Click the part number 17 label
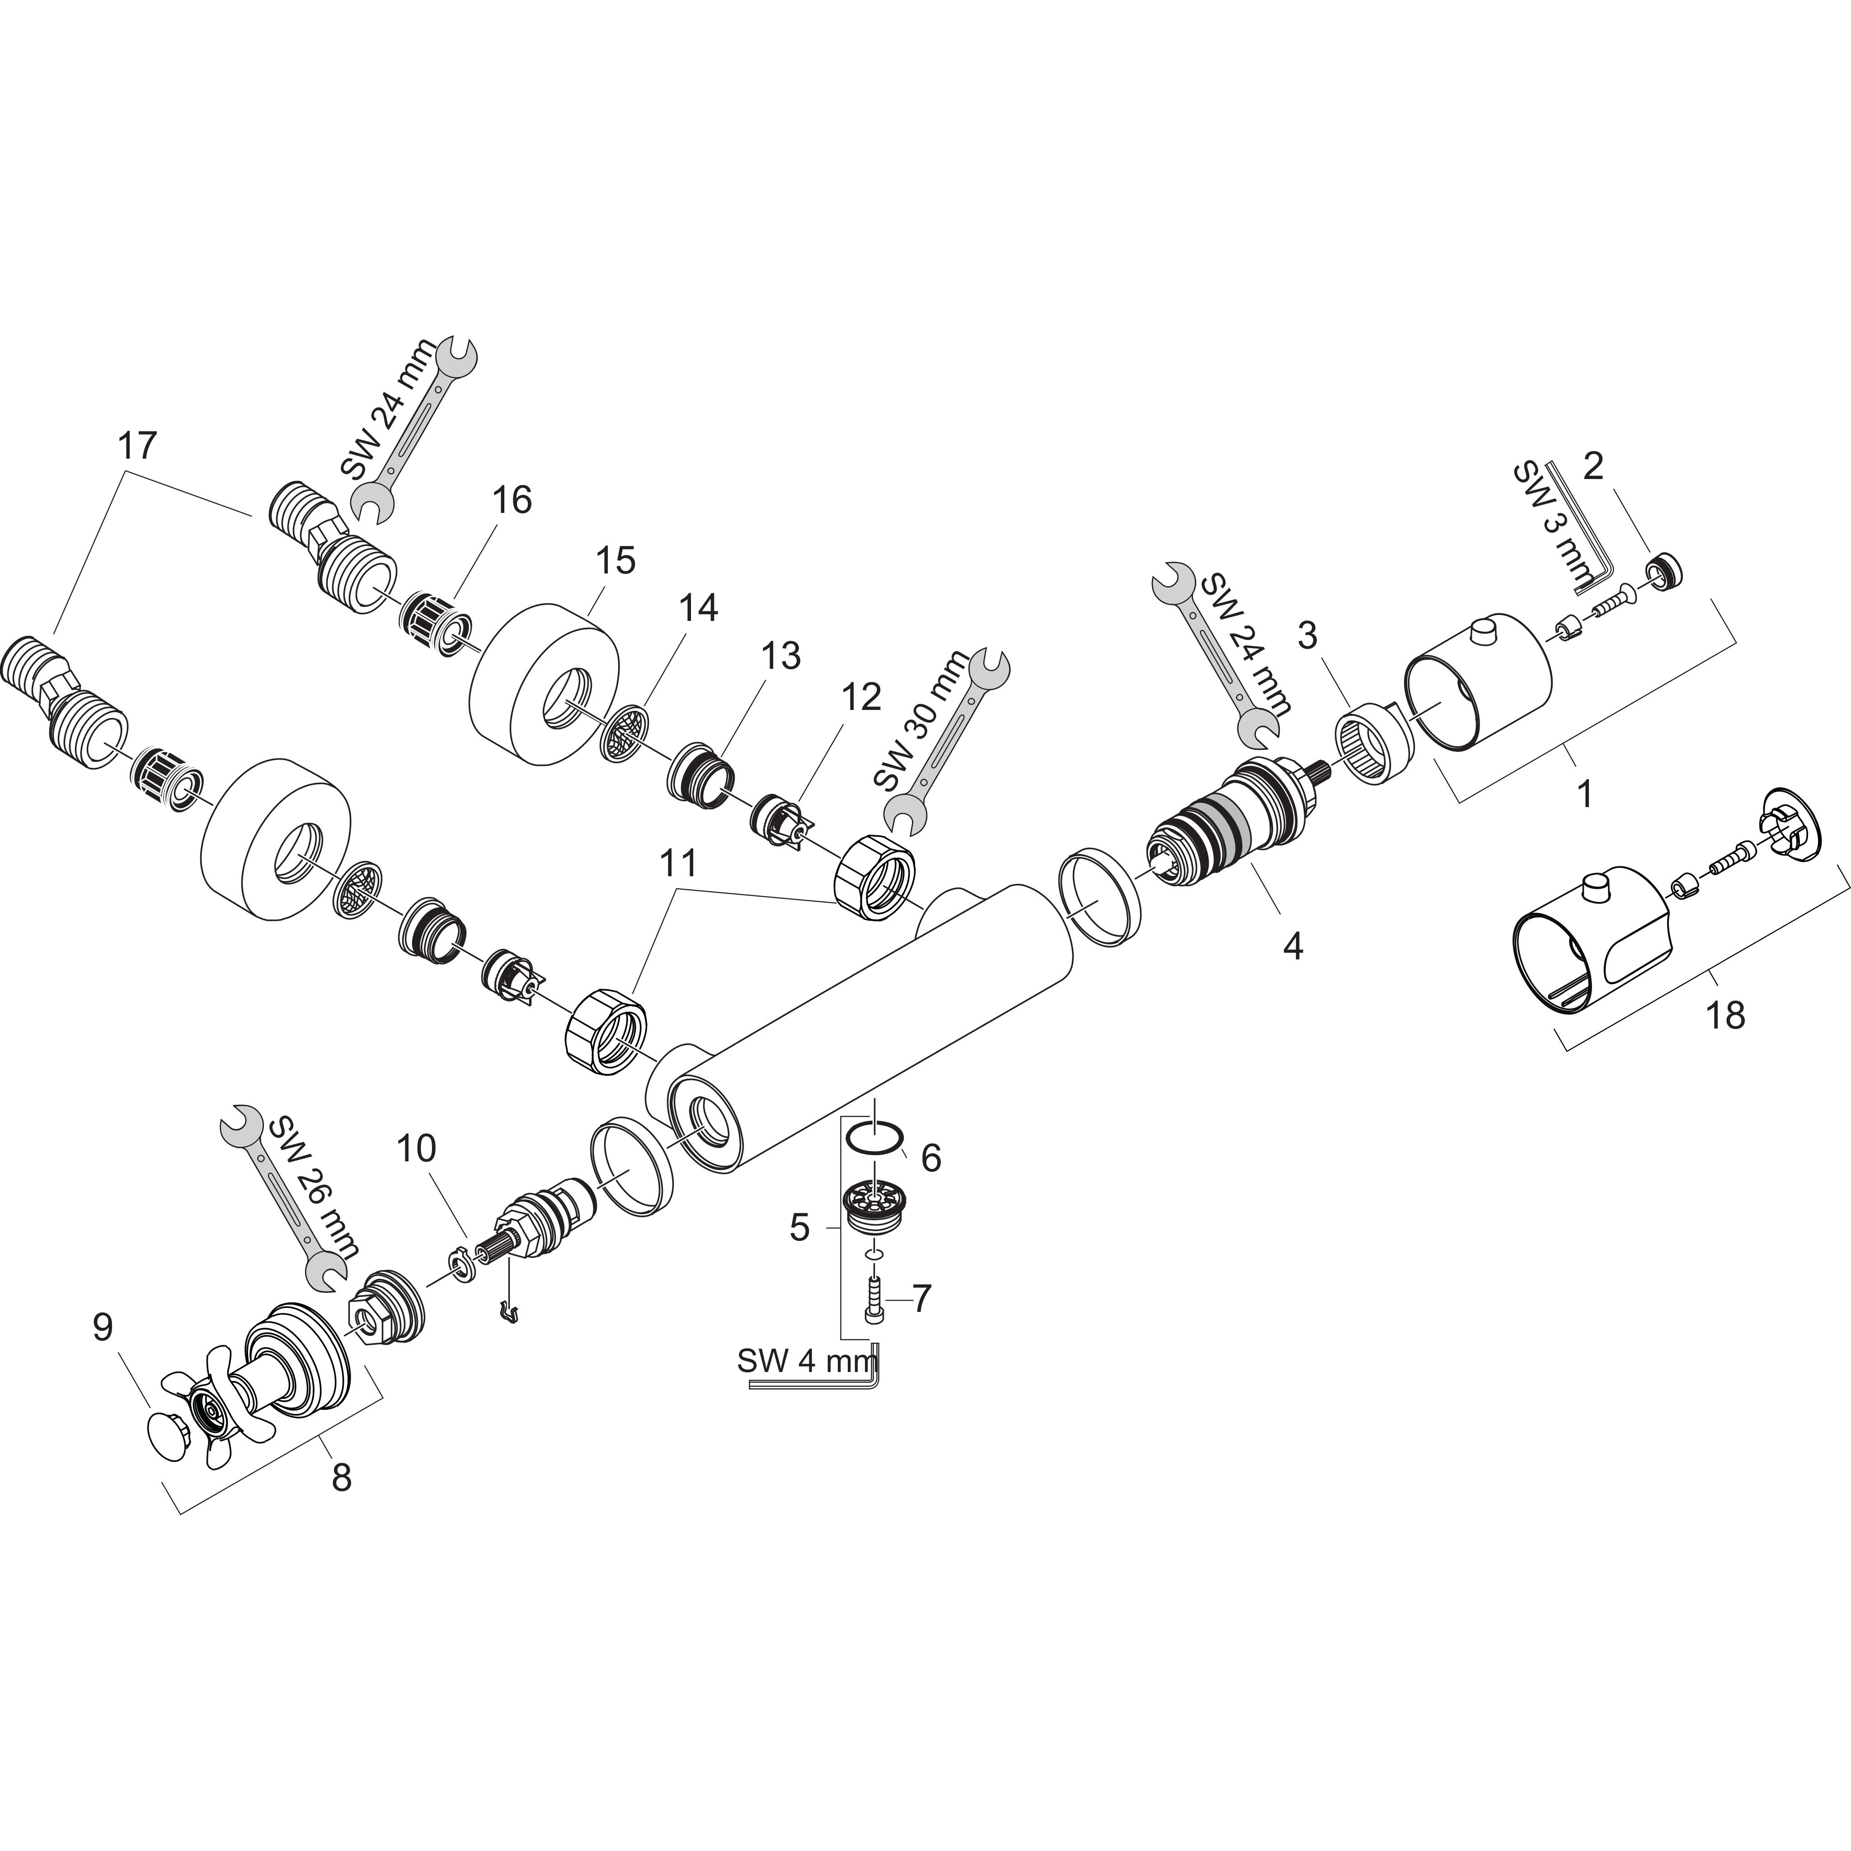(x=137, y=446)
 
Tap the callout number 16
(x=512, y=500)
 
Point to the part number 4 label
(x=1292, y=948)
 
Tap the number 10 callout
(x=416, y=1148)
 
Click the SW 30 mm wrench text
(x=920, y=720)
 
